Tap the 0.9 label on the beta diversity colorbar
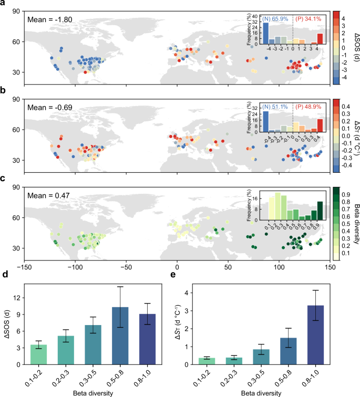click(x=346, y=194)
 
